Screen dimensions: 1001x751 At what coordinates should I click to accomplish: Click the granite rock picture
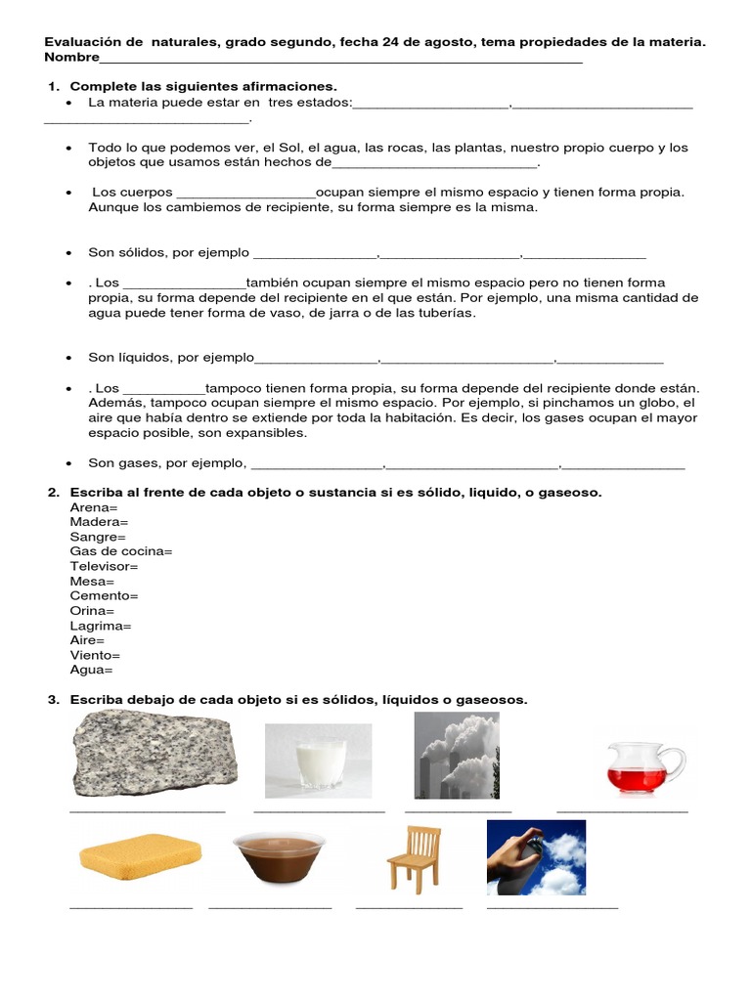[155, 753]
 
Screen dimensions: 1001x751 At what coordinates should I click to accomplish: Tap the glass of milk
[319, 760]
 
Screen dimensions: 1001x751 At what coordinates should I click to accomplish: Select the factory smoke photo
[457, 755]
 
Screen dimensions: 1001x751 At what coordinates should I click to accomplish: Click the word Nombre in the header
[71, 58]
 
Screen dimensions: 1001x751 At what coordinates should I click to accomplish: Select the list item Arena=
[94, 507]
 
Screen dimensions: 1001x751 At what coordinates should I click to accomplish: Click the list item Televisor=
[104, 566]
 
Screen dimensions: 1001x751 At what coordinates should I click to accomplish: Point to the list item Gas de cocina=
[120, 551]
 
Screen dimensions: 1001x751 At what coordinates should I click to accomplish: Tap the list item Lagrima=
[101, 626]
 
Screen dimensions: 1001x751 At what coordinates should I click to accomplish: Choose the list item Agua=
[91, 670]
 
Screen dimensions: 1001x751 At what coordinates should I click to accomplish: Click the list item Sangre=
[98, 537]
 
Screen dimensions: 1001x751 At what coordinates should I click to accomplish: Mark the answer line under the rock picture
[148, 810]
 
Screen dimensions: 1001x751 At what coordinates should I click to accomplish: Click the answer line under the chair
[409, 908]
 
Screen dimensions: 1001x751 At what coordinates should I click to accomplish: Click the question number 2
[53, 492]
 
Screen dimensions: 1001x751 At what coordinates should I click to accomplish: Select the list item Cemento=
[104, 595]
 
